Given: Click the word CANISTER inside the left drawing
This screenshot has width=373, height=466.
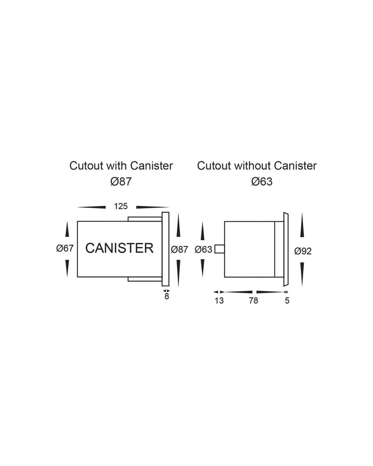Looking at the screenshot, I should point(119,248).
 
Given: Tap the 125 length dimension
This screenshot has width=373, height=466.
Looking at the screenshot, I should point(121,206).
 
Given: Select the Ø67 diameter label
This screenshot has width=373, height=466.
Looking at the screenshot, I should point(65,248).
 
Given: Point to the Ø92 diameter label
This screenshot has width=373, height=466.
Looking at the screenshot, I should point(303,251).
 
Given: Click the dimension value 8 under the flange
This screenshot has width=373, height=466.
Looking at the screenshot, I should point(167,297).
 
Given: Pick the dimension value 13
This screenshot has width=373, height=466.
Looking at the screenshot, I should point(219,301).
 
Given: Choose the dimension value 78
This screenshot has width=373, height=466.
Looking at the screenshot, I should point(253,301).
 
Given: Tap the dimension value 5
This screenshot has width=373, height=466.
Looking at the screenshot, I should point(287,301).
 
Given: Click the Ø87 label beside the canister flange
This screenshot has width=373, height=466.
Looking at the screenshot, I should point(180,249).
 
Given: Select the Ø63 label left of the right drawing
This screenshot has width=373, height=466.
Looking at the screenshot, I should point(203,249).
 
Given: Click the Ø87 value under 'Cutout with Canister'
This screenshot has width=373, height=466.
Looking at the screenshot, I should point(121,182).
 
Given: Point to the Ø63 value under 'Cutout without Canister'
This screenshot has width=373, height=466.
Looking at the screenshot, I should point(262,182).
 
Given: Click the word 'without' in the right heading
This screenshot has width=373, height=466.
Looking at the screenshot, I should point(248,166).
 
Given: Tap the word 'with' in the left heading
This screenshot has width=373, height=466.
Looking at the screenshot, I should point(117,166).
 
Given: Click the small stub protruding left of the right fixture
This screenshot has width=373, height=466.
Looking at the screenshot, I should point(219,249).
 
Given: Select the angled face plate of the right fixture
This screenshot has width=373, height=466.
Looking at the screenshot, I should point(286,249).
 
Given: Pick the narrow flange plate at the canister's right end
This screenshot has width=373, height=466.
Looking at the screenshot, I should point(165,249).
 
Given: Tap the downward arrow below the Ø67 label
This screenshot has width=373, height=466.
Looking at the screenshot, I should point(67,269).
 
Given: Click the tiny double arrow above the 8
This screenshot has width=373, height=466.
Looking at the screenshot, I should point(166,291).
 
